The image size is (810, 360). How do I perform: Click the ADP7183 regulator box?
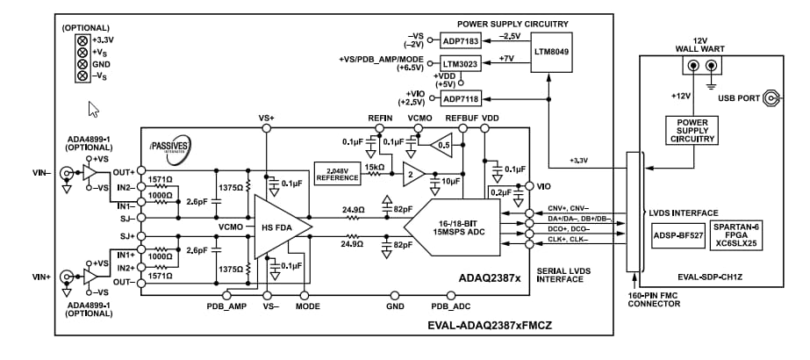click(461, 41)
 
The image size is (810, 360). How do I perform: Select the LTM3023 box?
click(461, 64)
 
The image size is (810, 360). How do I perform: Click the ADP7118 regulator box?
click(461, 100)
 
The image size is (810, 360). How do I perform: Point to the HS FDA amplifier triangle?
click(279, 226)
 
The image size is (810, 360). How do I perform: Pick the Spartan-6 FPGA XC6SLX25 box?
click(735, 234)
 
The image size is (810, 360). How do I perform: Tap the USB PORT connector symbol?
click(773, 99)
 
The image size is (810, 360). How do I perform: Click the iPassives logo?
click(168, 145)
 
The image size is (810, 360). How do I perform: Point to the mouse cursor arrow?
click(93, 109)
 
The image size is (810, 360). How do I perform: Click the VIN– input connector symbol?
click(66, 174)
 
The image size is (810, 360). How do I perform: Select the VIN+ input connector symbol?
click(66, 277)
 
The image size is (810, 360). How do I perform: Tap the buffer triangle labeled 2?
click(412, 174)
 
